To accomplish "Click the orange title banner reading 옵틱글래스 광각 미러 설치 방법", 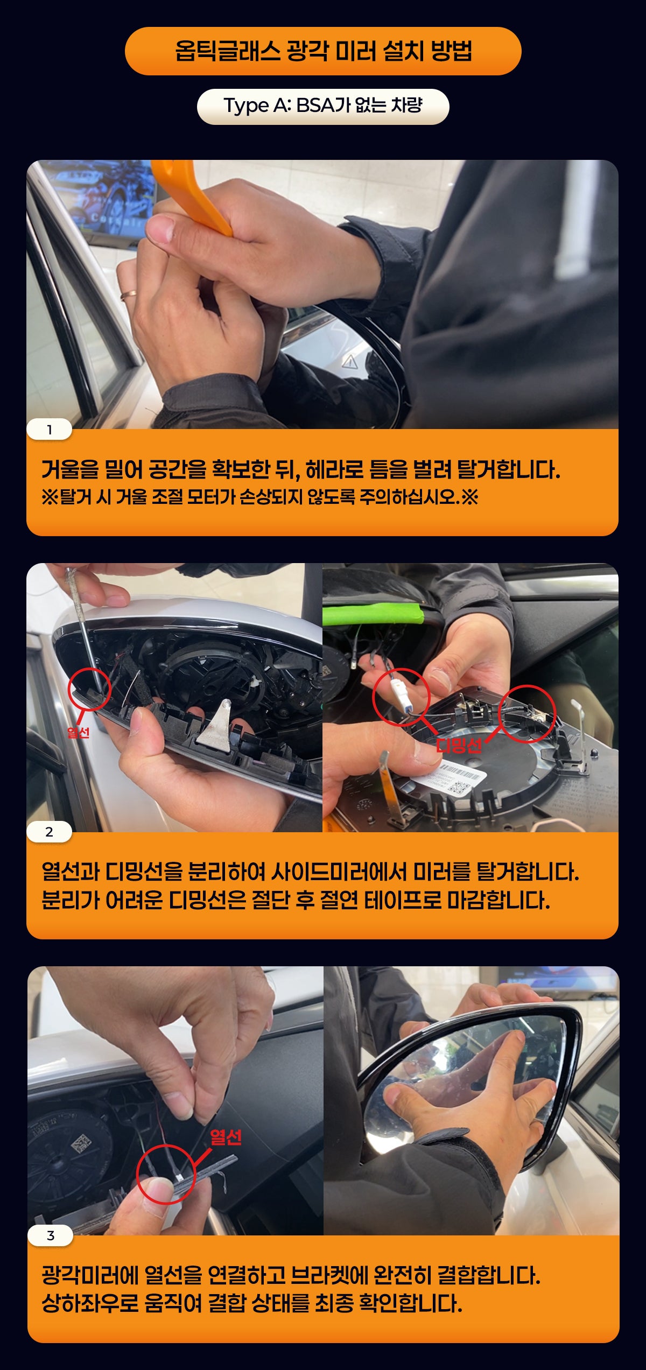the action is [x=323, y=51].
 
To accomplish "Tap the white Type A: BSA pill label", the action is [x=323, y=107].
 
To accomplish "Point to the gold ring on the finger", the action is [x=128, y=294].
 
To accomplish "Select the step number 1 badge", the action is [x=49, y=430].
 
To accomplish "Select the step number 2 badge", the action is [x=49, y=832].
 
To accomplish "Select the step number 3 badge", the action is [x=50, y=1235].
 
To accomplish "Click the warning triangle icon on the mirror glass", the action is [x=350, y=361].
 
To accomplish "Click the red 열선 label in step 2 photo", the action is [x=79, y=732].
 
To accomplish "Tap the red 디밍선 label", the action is [x=459, y=746].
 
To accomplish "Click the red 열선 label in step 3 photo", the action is [x=226, y=1137].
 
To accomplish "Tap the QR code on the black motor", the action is [x=81, y=1144].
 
